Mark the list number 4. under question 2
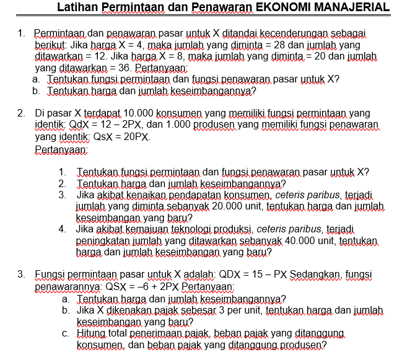[x=63, y=229]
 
